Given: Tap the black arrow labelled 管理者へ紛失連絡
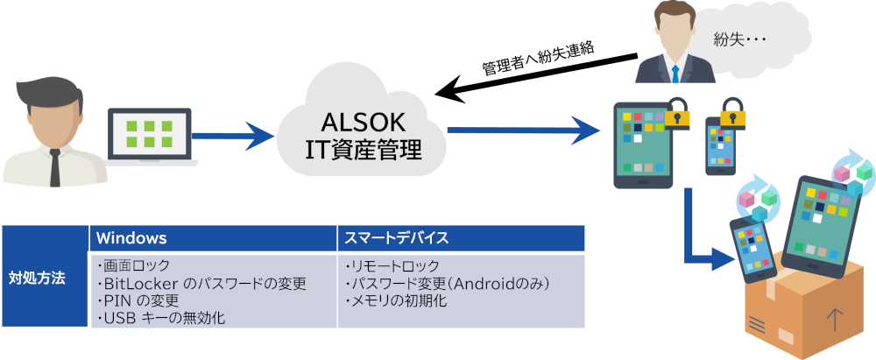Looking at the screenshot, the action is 536,75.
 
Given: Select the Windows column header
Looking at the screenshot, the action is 132,238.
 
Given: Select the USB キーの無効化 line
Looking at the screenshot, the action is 160,319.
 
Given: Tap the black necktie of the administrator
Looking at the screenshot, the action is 54,167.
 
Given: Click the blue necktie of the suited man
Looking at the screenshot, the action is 675,74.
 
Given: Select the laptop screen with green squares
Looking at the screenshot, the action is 149,135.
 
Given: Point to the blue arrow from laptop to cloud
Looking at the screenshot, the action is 232,135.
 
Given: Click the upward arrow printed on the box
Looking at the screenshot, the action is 835,319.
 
